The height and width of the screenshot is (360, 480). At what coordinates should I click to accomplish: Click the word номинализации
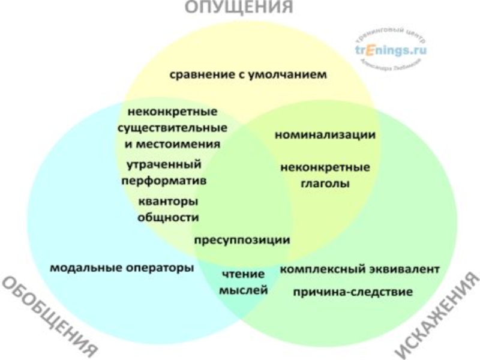tap(325, 135)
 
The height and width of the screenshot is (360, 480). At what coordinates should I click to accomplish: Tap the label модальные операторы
tap(122, 268)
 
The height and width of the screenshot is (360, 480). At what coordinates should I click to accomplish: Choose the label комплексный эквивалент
tap(360, 269)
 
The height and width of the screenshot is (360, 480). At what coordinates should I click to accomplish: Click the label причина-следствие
tap(353, 292)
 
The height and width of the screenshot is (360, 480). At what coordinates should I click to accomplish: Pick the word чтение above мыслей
tap(243, 274)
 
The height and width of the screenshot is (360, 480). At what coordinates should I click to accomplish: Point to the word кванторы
tap(168, 201)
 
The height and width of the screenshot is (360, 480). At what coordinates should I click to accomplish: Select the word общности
tap(168, 217)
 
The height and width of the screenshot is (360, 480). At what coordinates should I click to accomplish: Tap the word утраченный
tap(163, 164)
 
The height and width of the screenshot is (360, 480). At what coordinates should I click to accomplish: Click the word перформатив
tap(163, 180)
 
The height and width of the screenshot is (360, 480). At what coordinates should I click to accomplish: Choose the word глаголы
tap(325, 183)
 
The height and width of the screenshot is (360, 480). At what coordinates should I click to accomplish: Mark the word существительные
tap(172, 128)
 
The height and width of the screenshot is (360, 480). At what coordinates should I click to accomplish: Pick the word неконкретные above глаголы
tap(325, 167)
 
